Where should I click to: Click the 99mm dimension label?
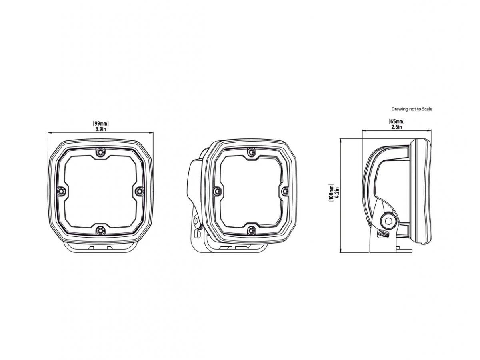tap(100, 124)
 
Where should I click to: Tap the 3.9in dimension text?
tap(100, 129)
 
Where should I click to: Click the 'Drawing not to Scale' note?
tap(412, 109)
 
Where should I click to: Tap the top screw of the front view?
tap(100, 152)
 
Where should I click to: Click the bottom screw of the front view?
tap(100, 230)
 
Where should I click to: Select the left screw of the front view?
tap(61, 192)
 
